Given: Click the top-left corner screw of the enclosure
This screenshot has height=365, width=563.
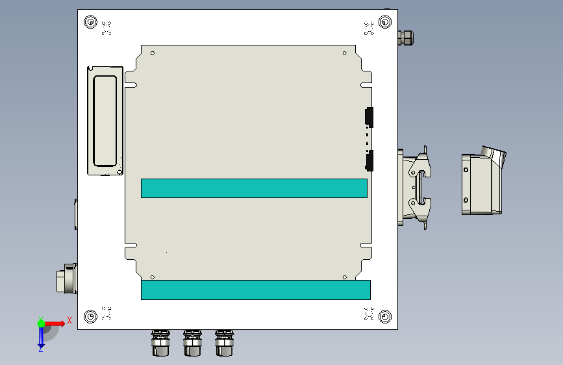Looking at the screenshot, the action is click(90, 22).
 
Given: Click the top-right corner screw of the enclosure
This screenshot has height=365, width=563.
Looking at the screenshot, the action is click(385, 22).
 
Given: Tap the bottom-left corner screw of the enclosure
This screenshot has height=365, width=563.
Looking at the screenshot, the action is click(90, 316).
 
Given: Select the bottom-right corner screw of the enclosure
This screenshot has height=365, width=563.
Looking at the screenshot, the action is click(385, 316).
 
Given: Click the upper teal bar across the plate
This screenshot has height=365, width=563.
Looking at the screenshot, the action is click(254, 188).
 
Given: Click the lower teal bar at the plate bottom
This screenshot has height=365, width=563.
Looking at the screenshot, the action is click(256, 290).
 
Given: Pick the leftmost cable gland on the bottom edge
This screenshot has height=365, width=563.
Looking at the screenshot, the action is click(160, 343).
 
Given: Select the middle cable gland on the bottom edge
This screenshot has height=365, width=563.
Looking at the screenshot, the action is click(192, 343).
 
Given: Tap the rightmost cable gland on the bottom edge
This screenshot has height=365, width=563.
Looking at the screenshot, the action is click(225, 343).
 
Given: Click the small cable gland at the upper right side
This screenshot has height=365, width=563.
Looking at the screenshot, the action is click(406, 38).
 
